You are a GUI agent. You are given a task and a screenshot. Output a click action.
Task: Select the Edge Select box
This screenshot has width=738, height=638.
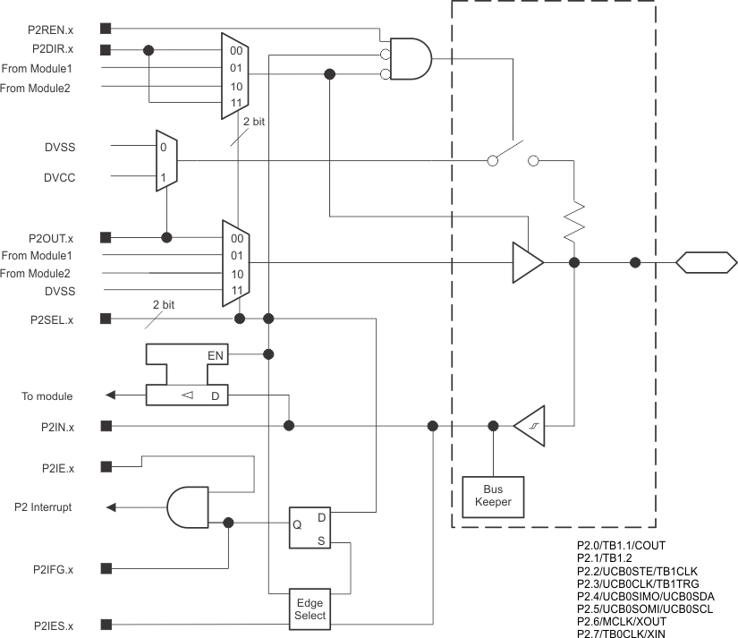pyautogui.click(x=310, y=608)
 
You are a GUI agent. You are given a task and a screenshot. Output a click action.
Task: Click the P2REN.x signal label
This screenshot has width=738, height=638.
pyautogui.click(x=51, y=29)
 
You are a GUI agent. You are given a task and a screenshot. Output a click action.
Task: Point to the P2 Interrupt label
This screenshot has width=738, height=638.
pyautogui.click(x=43, y=507)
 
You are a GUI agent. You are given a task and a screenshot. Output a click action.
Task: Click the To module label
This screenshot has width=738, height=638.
pyautogui.click(x=47, y=396)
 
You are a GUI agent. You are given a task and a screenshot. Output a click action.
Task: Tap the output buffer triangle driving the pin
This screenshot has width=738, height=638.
pyautogui.click(x=527, y=263)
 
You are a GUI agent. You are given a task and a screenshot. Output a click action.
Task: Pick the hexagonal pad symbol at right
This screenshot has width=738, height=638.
pyautogui.click(x=706, y=263)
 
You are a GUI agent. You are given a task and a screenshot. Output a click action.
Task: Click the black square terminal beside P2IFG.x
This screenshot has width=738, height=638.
pyautogui.click(x=106, y=567)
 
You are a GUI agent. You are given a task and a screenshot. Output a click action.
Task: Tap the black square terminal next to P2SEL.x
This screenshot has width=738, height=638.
pyautogui.click(x=106, y=319)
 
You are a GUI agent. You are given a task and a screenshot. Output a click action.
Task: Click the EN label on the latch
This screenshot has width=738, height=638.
pyautogui.click(x=216, y=355)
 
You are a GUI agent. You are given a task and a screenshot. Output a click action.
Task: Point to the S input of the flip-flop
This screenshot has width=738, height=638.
pyautogui.click(x=321, y=540)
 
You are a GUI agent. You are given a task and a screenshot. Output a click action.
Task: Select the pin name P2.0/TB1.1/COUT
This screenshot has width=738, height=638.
pyautogui.click(x=620, y=545)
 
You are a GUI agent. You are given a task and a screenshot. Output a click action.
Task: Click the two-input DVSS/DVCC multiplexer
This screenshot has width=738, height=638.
pyautogui.click(x=166, y=162)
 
